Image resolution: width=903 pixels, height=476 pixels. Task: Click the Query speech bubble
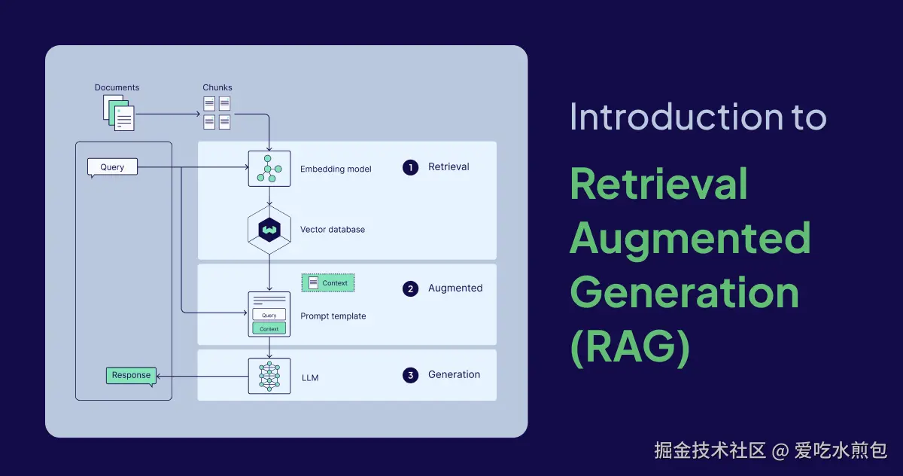112,166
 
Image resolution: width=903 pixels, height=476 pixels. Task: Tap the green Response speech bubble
131,375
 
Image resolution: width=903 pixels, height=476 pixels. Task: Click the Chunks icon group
217,112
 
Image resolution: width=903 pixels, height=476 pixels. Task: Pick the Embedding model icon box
269,169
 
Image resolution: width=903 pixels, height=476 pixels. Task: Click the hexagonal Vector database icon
269,229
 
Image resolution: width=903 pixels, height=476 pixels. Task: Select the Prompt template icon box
269,314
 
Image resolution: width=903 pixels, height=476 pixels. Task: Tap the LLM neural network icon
269,376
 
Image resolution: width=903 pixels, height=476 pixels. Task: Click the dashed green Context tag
328,283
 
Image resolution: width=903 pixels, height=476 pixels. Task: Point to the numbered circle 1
410,167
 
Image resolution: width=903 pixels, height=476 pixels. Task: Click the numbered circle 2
410,288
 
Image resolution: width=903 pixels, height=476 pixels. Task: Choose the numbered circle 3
410,375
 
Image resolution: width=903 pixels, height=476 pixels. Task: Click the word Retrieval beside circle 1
448,166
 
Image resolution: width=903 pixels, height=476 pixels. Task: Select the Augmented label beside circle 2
455,288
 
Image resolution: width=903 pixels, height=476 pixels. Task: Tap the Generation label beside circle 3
454,374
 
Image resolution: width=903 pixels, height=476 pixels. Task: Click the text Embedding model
336,169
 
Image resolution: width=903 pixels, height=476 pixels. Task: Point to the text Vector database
332,229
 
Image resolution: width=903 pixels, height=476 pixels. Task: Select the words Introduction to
698,117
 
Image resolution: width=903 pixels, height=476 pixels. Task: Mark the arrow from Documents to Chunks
167,114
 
